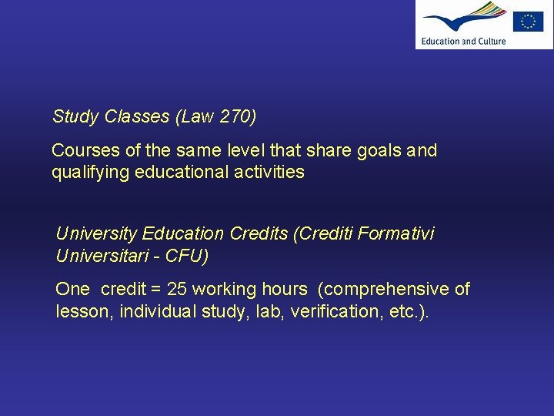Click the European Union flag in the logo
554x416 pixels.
pyautogui.click(x=528, y=22)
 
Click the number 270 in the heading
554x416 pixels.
pyautogui.click(x=235, y=117)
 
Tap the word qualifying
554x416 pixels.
pyautogui.click(x=90, y=172)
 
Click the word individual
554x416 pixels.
pyautogui.click(x=159, y=311)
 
